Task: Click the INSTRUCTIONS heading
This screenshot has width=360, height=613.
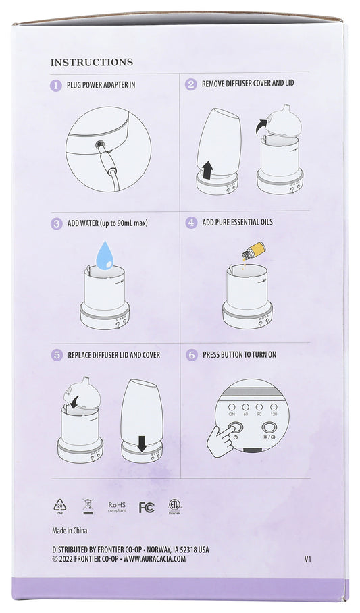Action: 92,62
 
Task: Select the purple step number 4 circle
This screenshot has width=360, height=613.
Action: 192,222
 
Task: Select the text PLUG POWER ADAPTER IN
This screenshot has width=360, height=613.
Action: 101,85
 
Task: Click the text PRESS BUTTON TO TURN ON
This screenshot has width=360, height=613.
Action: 239,354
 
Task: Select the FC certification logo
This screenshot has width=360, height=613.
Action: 147,507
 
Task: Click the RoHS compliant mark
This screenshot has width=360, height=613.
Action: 118,506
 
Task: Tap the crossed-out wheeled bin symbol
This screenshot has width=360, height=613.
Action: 87,506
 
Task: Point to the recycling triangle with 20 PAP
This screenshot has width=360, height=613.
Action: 60,506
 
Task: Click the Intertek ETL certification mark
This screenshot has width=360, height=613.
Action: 176,506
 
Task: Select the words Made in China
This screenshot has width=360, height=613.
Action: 69,530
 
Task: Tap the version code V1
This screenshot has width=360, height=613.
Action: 308,559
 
